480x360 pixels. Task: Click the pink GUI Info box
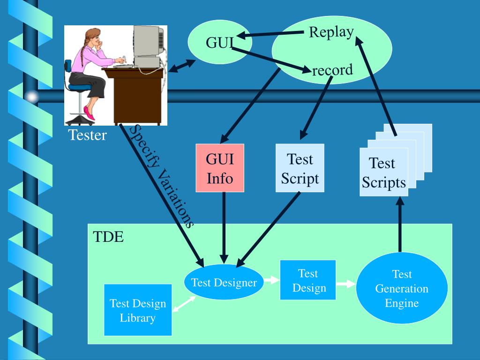(x=220, y=168)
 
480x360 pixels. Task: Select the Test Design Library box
(x=137, y=310)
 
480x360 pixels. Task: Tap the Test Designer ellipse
(x=224, y=283)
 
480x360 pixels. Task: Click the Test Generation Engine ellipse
(x=402, y=288)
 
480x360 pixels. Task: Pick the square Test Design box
(x=308, y=280)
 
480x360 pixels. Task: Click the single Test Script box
(x=300, y=168)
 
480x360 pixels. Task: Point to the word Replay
(x=331, y=32)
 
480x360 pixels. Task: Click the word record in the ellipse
(x=332, y=70)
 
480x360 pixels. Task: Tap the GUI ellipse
(x=219, y=43)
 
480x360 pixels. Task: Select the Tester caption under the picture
(x=87, y=135)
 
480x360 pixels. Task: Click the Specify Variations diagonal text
(x=162, y=176)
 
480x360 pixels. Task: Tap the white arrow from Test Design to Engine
(x=346, y=284)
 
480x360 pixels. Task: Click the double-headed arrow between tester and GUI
(x=181, y=66)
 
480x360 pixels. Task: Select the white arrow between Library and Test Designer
(x=184, y=304)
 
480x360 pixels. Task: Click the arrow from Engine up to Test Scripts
(x=400, y=225)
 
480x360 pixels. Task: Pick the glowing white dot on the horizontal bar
(x=31, y=97)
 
